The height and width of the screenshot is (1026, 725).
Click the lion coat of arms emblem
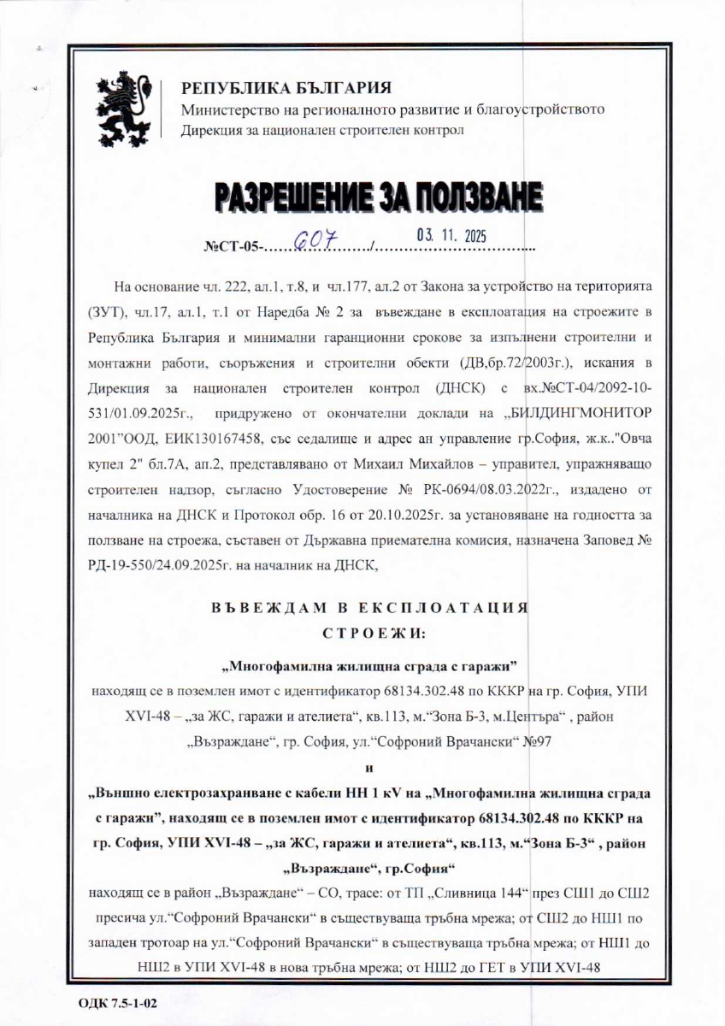pos(127,112)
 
